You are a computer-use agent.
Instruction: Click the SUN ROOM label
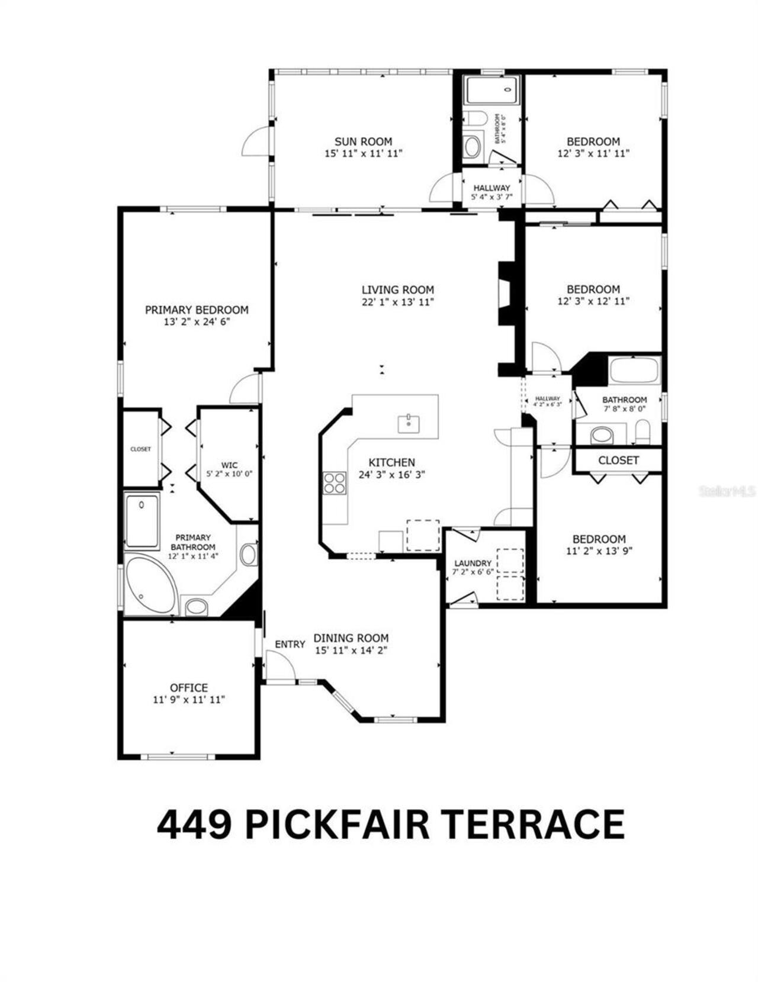tap(363, 141)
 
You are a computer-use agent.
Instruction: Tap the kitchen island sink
tap(409, 424)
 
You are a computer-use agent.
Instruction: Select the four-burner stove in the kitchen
tap(335, 483)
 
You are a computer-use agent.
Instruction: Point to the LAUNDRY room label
tap(473, 563)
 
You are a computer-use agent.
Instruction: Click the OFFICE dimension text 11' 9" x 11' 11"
tap(189, 700)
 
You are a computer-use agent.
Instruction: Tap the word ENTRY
tap(290, 644)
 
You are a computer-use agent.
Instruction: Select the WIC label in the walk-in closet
tap(229, 465)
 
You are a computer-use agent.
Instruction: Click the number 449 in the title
tap(194, 825)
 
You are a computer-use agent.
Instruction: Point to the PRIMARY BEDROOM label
tap(197, 310)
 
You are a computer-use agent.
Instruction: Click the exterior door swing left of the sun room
tap(256, 142)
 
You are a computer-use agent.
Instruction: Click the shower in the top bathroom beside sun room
tap(491, 91)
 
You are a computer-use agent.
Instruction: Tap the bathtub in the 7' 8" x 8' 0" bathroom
tap(634, 371)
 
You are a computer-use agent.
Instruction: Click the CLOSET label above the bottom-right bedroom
tap(618, 460)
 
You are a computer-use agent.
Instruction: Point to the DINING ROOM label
tap(351, 638)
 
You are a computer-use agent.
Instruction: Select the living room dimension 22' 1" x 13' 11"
tap(398, 302)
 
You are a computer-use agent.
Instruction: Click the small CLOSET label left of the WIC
tap(140, 449)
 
